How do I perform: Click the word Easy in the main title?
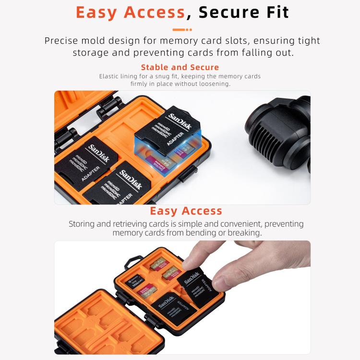[99, 12]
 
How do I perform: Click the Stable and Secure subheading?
[180, 67]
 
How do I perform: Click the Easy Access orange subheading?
[186, 211]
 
